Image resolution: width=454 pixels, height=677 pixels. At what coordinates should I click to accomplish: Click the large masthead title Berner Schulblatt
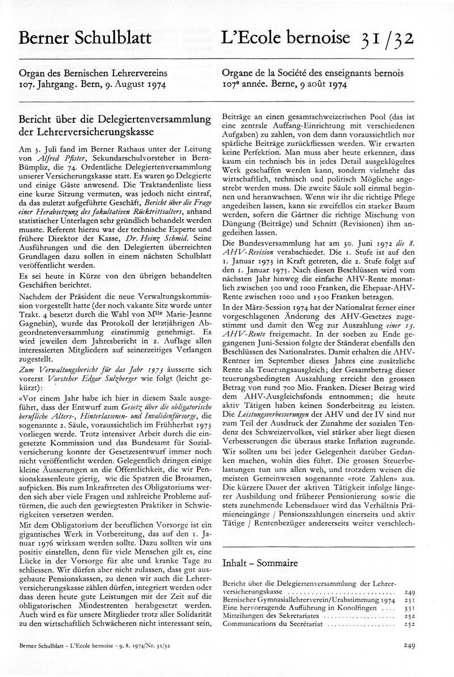click(x=85, y=38)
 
